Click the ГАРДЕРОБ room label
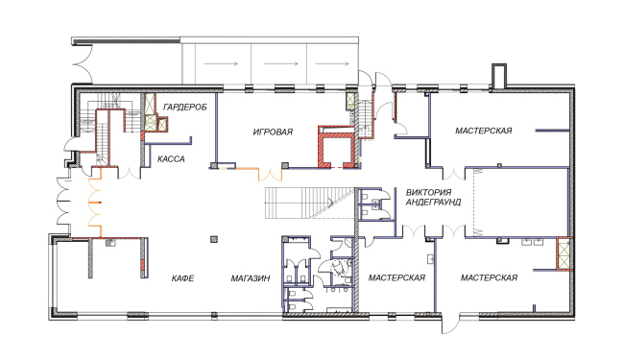185,107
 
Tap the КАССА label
171,159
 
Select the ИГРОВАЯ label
273,132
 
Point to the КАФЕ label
183,278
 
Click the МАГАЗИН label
251,278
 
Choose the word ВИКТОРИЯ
428,193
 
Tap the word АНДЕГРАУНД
433,202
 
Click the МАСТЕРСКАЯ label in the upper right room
484,131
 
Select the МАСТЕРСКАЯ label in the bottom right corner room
489,277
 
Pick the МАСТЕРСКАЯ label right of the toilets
396,277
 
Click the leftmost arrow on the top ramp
221,63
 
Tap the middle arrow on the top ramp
281,63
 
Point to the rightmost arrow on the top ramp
332,63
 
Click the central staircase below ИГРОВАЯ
310,203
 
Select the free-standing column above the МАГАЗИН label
214,239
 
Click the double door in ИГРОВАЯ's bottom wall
271,175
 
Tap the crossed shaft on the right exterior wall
564,253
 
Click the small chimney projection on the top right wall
498,76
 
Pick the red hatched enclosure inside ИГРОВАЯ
337,147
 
